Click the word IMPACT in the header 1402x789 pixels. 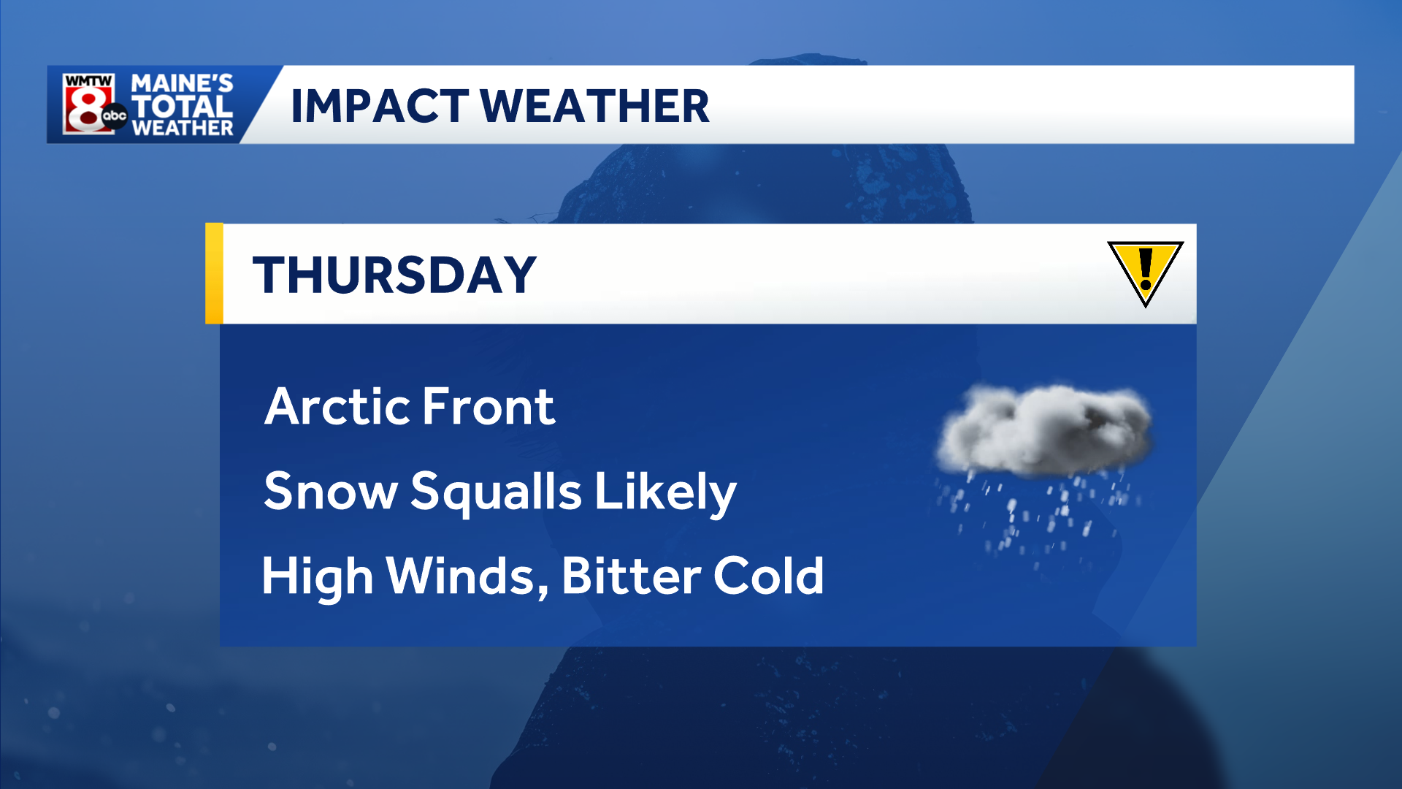(379, 107)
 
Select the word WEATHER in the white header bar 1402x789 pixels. (594, 107)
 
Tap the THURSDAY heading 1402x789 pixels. (394, 275)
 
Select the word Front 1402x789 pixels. (488, 407)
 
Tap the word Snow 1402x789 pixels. (330, 491)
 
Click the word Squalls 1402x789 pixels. (497, 492)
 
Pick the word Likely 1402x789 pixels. (665, 492)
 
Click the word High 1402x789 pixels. (318, 577)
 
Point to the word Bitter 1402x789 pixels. (631, 576)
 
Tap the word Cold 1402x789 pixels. (768, 576)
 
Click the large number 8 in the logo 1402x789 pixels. (85, 110)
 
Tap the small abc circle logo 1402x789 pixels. (115, 115)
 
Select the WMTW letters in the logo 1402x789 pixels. (88, 80)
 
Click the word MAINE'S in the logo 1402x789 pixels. (182, 83)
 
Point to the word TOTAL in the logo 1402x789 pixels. (182, 107)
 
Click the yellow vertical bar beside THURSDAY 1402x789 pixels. (214, 273)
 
